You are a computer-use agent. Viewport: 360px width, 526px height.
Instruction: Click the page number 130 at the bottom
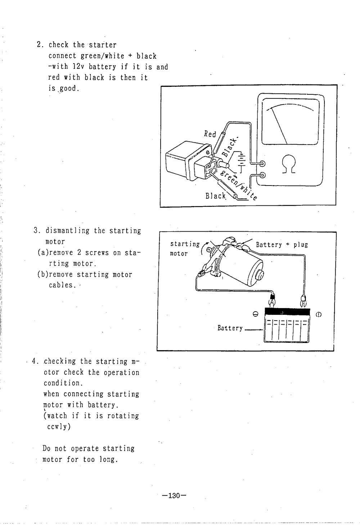tap(174, 496)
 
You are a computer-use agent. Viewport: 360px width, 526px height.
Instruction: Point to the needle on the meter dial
tap(279, 125)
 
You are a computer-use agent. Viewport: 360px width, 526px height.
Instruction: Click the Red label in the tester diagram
tap(210, 134)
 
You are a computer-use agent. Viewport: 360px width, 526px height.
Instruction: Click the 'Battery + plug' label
tap(282, 245)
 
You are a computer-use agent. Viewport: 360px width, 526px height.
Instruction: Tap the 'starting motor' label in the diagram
tap(184, 249)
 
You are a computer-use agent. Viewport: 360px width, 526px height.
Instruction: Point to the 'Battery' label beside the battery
tap(230, 328)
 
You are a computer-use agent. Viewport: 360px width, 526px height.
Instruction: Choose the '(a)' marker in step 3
tap(42, 253)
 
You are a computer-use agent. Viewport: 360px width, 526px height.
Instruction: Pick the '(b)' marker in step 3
tap(42, 275)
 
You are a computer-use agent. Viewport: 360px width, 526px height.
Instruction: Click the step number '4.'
tap(35, 361)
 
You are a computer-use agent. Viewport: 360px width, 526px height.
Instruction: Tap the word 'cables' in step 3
tap(60, 285)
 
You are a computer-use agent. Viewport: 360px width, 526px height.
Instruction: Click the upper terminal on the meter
tap(262, 164)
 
